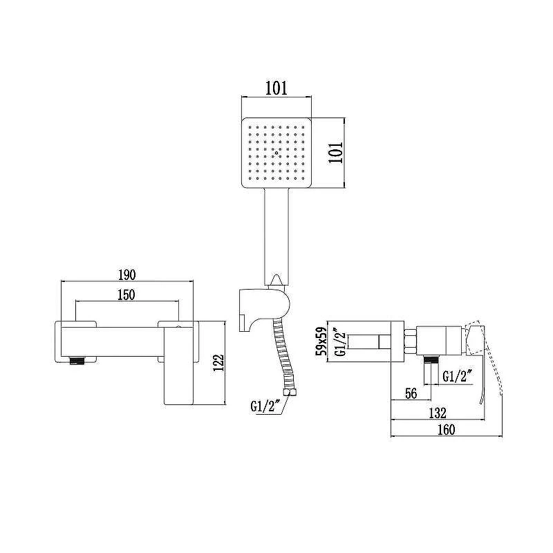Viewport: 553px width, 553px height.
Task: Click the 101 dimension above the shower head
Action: click(x=276, y=88)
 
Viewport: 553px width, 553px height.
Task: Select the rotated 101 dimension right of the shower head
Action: click(x=335, y=152)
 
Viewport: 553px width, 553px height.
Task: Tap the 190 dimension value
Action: click(x=127, y=274)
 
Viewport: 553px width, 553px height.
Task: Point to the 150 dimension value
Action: click(x=126, y=295)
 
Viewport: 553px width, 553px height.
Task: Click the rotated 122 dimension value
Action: click(x=218, y=362)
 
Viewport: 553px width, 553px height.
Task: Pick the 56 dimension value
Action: click(x=411, y=393)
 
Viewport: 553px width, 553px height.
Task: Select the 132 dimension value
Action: click(x=438, y=413)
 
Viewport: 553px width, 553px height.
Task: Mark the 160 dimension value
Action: click(x=446, y=430)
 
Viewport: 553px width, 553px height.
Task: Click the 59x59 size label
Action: click(x=321, y=341)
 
